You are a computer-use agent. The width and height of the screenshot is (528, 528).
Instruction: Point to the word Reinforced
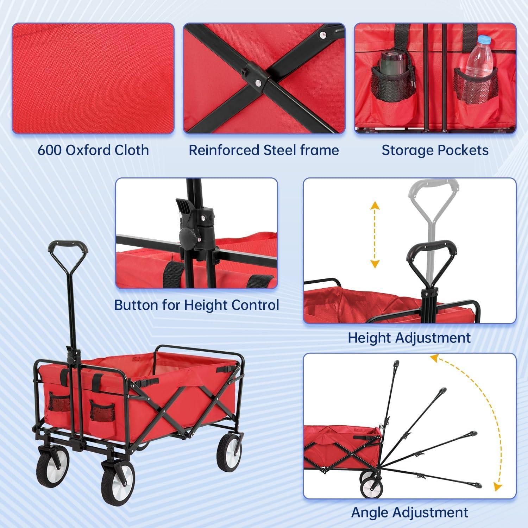pyautogui.click(x=224, y=150)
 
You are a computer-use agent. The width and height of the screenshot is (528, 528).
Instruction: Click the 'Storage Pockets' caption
pyautogui.click(x=435, y=150)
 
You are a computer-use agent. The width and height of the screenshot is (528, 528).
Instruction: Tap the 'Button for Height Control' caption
pyautogui.click(x=197, y=305)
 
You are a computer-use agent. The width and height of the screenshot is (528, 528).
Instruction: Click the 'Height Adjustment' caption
pyautogui.click(x=409, y=338)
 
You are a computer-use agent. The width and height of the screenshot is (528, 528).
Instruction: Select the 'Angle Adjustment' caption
pyautogui.click(x=410, y=512)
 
